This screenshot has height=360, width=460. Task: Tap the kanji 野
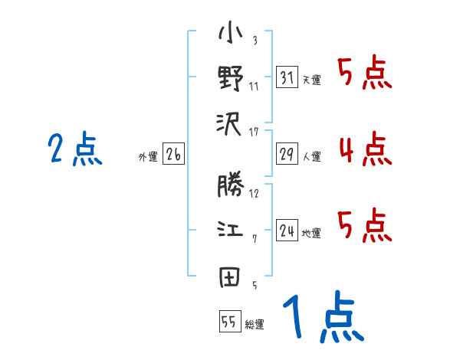[x=230, y=78]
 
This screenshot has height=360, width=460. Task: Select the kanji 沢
[x=230, y=123]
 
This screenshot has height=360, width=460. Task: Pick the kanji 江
[x=230, y=231]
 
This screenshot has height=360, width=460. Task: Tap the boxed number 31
[x=287, y=77]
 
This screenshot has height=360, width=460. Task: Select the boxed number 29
[x=287, y=154]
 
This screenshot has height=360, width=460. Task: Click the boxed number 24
[x=287, y=231]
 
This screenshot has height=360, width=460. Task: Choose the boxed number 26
[x=172, y=155]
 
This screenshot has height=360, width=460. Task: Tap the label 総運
[x=255, y=324]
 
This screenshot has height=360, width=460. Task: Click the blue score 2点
[x=75, y=149]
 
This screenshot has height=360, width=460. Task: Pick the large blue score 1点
[x=322, y=318]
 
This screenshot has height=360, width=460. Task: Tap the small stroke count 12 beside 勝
[x=254, y=194]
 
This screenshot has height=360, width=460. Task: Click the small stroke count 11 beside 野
[x=254, y=86]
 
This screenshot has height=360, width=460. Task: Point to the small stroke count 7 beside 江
[x=254, y=239]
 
